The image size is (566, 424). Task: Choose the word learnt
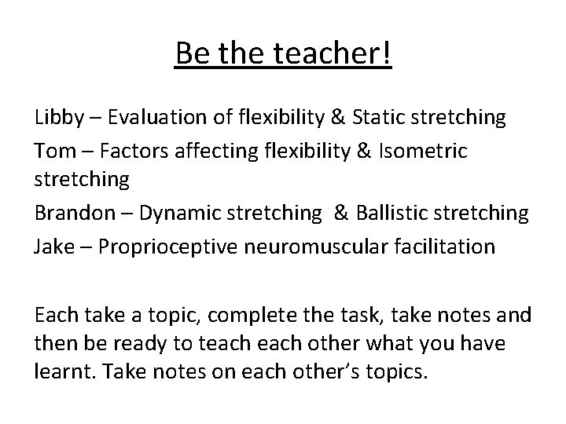tap(63, 371)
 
